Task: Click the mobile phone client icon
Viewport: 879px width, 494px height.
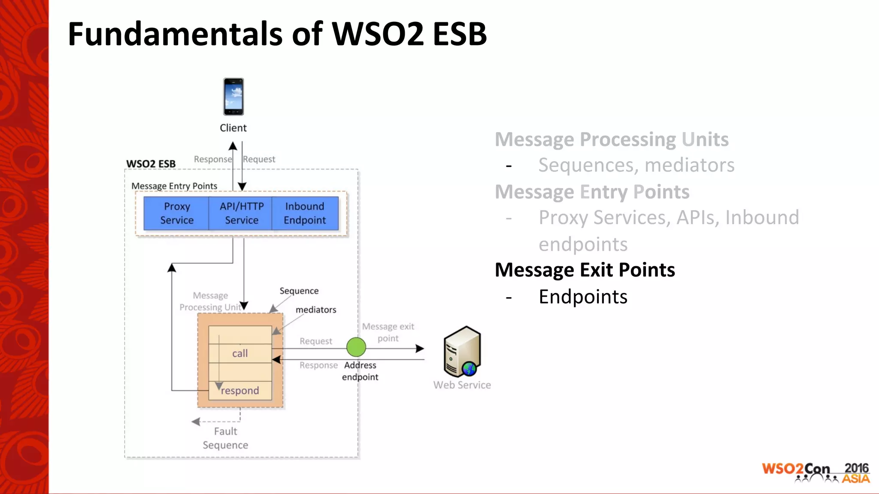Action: point(233,96)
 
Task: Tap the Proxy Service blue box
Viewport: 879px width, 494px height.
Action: point(176,213)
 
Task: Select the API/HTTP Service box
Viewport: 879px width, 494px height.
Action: point(241,213)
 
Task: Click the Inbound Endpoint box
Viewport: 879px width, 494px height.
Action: point(305,213)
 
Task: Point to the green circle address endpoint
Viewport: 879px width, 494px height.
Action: point(356,347)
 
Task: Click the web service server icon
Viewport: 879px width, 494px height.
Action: point(462,352)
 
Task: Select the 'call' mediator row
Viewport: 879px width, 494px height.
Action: point(240,353)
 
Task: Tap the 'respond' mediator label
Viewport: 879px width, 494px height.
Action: point(240,391)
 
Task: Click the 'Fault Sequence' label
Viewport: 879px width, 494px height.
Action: point(225,438)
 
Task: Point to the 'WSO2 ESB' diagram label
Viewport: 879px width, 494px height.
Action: point(151,164)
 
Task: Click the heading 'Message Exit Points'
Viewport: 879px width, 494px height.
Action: point(585,270)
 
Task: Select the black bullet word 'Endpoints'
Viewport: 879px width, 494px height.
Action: point(583,297)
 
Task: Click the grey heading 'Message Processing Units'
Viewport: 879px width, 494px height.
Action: point(612,139)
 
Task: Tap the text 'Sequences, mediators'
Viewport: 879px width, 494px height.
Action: point(636,165)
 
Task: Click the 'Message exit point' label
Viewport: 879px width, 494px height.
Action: point(388,332)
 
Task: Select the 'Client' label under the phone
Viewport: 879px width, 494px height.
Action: point(233,128)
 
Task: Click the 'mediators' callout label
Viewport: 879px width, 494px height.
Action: point(316,310)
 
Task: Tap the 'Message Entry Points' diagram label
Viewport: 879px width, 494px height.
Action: point(174,186)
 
